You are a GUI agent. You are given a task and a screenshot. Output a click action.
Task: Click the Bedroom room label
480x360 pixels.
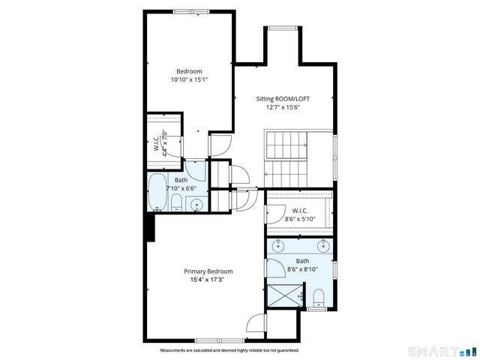click(x=189, y=71)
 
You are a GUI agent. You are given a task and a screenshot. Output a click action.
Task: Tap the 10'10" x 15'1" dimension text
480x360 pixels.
click(x=189, y=79)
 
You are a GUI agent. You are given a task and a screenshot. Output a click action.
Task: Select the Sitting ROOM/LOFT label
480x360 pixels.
click(x=283, y=99)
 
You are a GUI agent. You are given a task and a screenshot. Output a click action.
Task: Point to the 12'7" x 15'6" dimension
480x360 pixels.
click(x=283, y=107)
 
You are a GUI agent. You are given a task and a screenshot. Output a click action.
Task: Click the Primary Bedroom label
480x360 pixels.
click(x=208, y=271)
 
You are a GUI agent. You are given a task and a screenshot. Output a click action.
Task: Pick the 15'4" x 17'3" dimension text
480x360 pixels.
click(x=208, y=280)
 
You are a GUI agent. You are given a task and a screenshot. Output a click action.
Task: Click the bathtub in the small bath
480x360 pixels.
click(x=157, y=193)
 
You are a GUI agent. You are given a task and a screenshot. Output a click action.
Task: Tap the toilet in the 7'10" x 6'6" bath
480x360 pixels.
click(x=177, y=203)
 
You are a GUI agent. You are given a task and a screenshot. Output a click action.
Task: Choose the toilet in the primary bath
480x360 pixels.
click(x=317, y=298)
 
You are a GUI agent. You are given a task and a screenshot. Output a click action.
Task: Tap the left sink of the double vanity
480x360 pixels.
click(x=277, y=246)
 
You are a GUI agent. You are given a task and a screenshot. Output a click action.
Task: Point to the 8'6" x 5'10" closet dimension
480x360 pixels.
click(x=300, y=219)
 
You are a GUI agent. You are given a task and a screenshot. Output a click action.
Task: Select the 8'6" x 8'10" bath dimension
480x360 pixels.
click(x=302, y=268)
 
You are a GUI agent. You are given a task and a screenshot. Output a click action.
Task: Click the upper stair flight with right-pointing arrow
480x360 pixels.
click(x=286, y=142)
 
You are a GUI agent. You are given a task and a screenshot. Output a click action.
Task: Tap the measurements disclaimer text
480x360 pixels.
click(x=229, y=350)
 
